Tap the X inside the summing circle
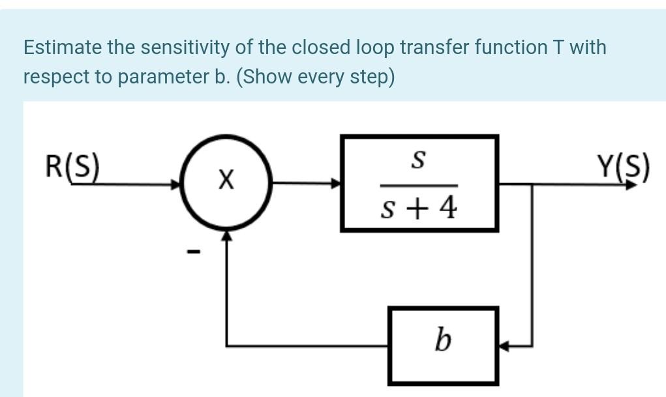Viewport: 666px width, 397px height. pyautogui.click(x=226, y=178)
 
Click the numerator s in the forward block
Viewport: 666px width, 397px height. pyautogui.click(x=420, y=158)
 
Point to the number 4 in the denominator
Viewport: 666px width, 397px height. pyautogui.click(x=448, y=209)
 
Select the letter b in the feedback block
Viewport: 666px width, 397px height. pyautogui.click(x=443, y=340)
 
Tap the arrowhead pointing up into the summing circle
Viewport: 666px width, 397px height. pyautogui.click(x=226, y=235)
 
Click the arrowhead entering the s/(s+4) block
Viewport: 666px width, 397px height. pyautogui.click(x=337, y=184)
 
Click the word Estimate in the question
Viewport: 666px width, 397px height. pyautogui.click(x=62, y=48)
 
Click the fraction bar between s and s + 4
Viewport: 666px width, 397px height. pyautogui.click(x=420, y=185)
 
